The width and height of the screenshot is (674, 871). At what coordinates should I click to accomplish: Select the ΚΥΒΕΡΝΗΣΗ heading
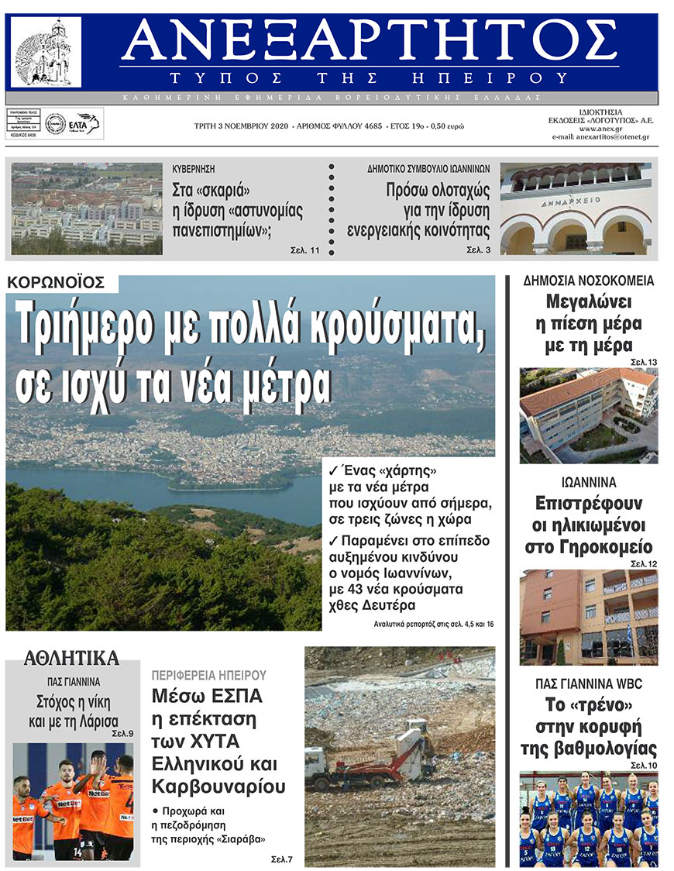click(194, 167)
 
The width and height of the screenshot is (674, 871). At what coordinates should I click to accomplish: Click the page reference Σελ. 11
click(304, 250)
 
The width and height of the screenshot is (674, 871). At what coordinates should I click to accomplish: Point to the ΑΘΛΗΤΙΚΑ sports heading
click(71, 659)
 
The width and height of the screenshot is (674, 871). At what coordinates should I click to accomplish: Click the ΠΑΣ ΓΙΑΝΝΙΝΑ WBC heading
click(589, 684)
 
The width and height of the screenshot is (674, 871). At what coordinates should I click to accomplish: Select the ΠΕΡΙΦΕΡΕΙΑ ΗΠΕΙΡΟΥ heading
click(209, 675)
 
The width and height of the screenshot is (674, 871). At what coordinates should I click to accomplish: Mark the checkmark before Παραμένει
click(333, 541)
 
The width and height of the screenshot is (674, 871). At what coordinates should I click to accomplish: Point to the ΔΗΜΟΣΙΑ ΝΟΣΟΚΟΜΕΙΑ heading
click(589, 281)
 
